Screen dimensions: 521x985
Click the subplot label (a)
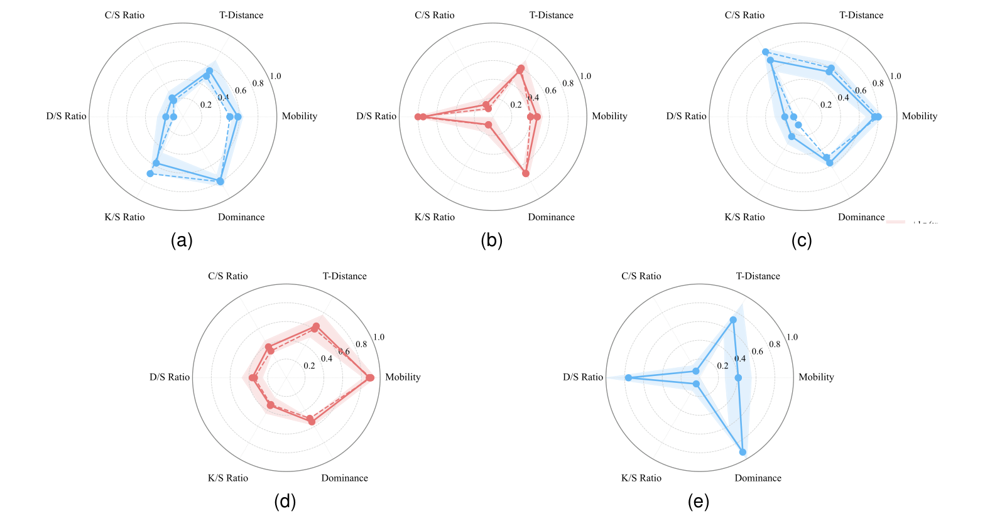pos(182,240)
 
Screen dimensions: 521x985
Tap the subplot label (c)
pos(802,240)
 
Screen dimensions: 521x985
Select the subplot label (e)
pos(699,502)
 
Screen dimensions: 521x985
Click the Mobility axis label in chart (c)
pos(919,116)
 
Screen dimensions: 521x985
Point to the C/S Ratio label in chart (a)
pos(124,15)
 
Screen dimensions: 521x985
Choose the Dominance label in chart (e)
pos(758,478)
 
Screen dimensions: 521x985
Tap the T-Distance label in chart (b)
pos(551,15)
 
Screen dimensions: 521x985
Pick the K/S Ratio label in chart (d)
pos(227,478)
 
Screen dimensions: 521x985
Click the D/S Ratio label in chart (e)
pos(582,377)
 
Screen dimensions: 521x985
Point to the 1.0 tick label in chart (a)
pos(275,77)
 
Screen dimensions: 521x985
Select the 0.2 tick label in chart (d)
pos(309,366)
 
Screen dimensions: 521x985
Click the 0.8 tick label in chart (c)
pos(878,83)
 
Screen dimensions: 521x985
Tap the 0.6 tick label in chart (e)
pos(757,352)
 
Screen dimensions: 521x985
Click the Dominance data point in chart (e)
pos(743,452)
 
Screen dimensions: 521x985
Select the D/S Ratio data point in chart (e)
pos(628,378)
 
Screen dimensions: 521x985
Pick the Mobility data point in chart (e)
pos(738,378)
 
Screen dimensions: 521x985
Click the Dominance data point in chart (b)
pos(526,173)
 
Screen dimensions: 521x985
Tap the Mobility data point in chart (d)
pos(370,378)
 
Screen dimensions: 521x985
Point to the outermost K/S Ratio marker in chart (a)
pos(150,173)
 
